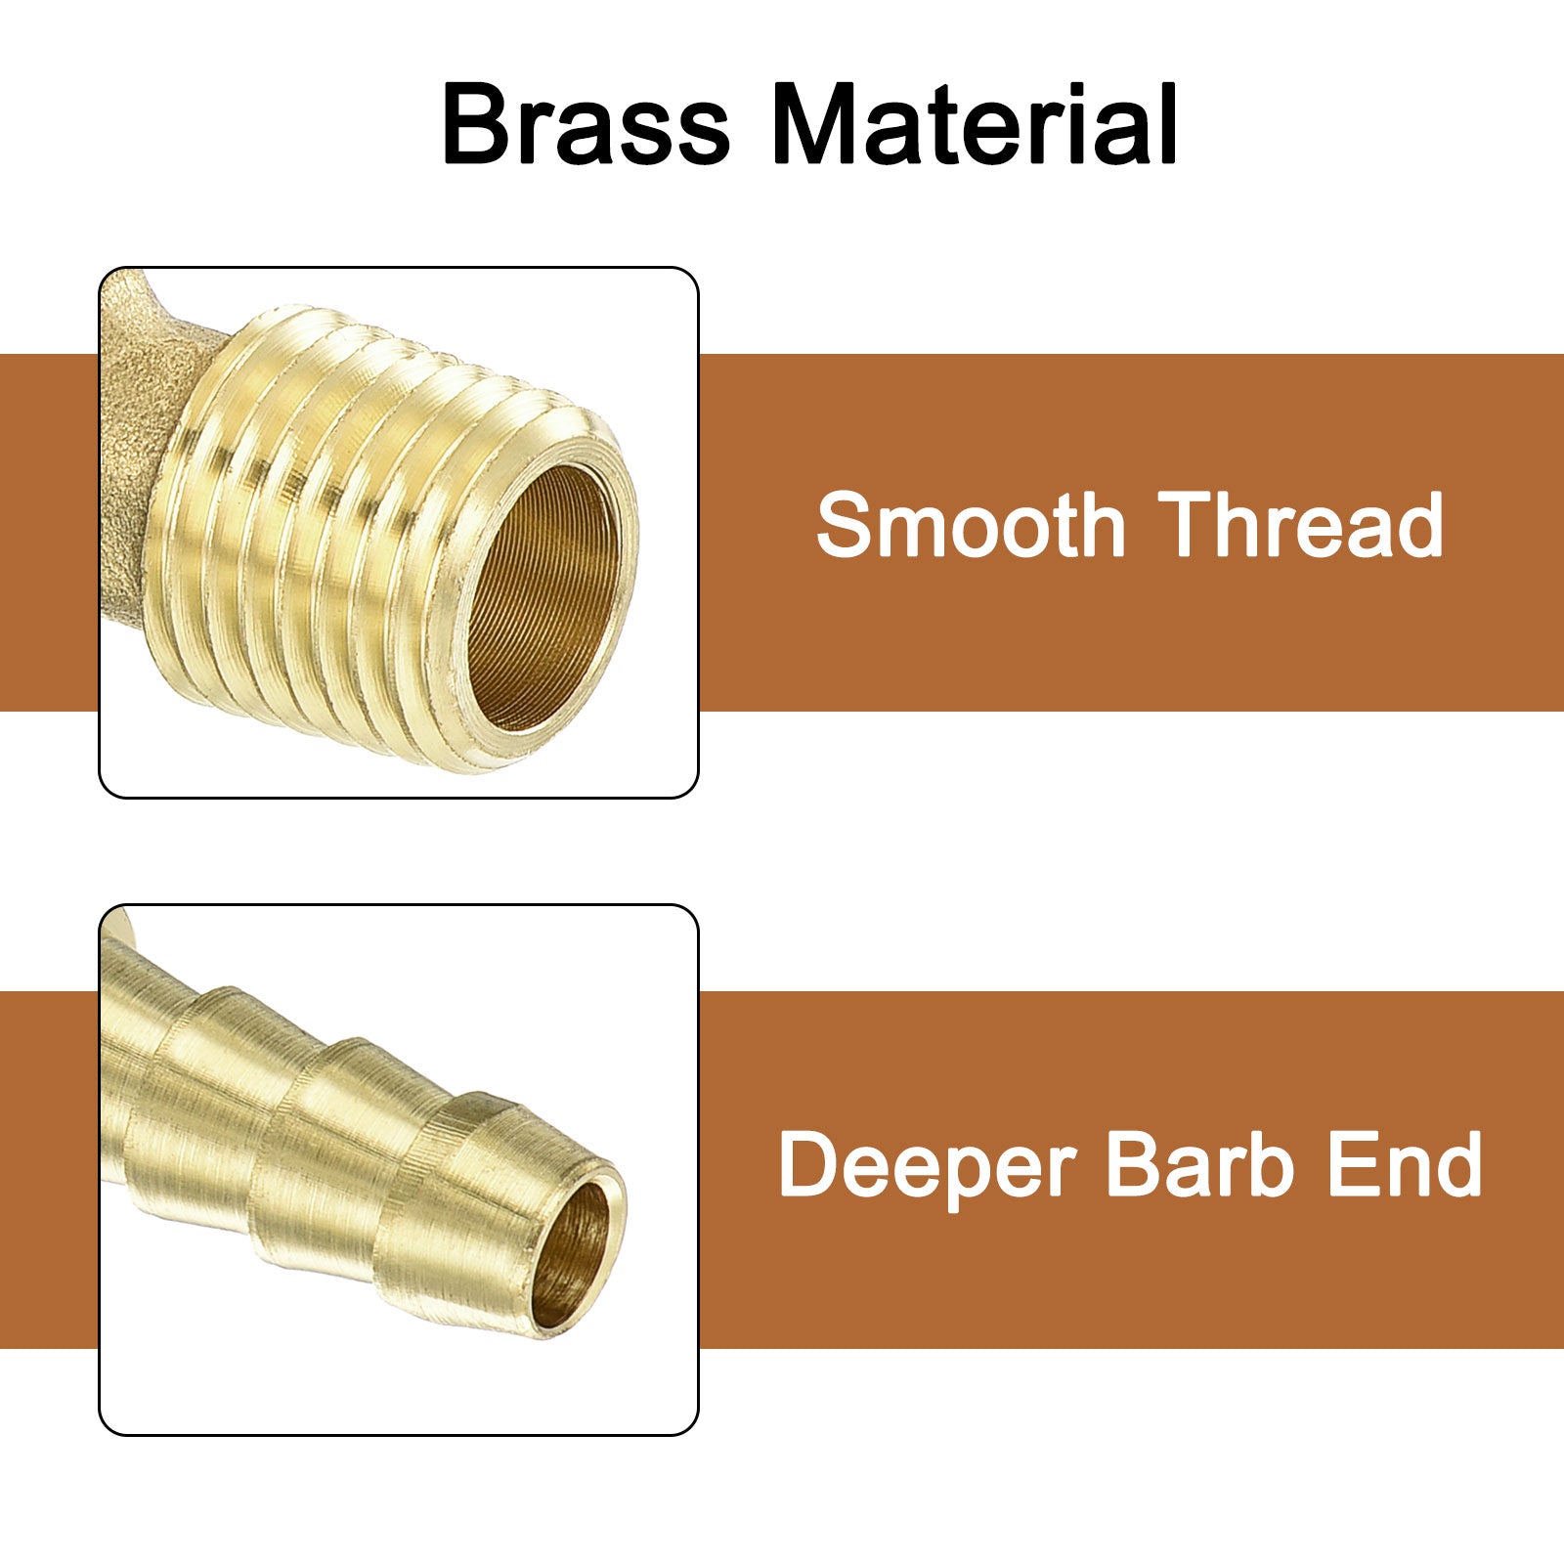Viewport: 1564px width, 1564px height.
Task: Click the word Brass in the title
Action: tap(586, 125)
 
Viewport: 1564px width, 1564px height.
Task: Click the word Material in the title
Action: tap(976, 125)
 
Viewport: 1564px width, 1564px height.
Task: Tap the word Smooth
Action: tap(972, 525)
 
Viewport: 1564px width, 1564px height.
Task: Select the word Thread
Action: tap(1301, 525)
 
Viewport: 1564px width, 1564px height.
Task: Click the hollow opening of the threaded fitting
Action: tap(543, 595)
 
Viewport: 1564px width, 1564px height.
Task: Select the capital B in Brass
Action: tap(478, 125)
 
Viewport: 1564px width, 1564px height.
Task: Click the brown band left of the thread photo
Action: tap(49, 533)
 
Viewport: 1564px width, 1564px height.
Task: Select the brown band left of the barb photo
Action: tap(49, 1170)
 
